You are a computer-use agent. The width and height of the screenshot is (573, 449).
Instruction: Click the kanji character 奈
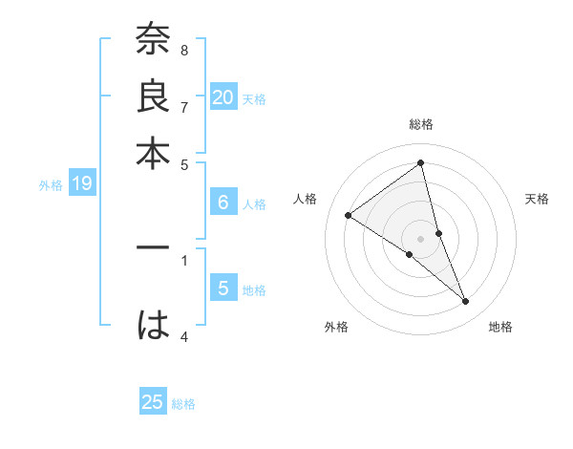coord(153,41)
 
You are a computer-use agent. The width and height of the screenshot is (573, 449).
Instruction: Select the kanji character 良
coord(153,96)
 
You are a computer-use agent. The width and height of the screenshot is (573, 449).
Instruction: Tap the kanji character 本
coord(153,153)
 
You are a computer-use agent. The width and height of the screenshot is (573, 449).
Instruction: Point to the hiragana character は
coord(153,326)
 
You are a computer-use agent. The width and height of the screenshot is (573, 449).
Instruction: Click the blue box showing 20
coord(223,97)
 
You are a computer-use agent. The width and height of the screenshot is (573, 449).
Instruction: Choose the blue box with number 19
coord(81,183)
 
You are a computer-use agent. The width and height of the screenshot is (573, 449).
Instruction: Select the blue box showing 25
coord(153,402)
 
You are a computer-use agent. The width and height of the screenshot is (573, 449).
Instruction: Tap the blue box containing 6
coord(223,202)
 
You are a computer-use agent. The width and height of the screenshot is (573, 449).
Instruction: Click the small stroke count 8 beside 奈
coord(183,50)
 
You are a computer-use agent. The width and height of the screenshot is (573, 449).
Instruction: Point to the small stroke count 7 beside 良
coord(183,106)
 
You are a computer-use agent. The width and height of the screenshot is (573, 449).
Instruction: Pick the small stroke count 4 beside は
coord(183,335)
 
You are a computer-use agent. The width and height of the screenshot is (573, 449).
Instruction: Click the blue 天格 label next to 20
coord(254,98)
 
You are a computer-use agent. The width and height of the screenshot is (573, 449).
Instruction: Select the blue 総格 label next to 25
coord(183,404)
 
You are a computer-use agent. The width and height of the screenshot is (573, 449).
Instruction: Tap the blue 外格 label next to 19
coord(51,185)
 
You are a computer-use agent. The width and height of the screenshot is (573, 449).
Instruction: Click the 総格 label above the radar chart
coord(421,124)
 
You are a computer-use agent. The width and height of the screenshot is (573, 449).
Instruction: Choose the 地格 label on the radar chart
coord(500,327)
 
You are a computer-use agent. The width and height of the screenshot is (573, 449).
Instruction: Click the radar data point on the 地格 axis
coord(466,302)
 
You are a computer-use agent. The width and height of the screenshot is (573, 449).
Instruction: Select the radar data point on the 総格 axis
coord(421,163)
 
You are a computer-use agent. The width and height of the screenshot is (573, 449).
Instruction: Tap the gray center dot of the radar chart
coord(421,238)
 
